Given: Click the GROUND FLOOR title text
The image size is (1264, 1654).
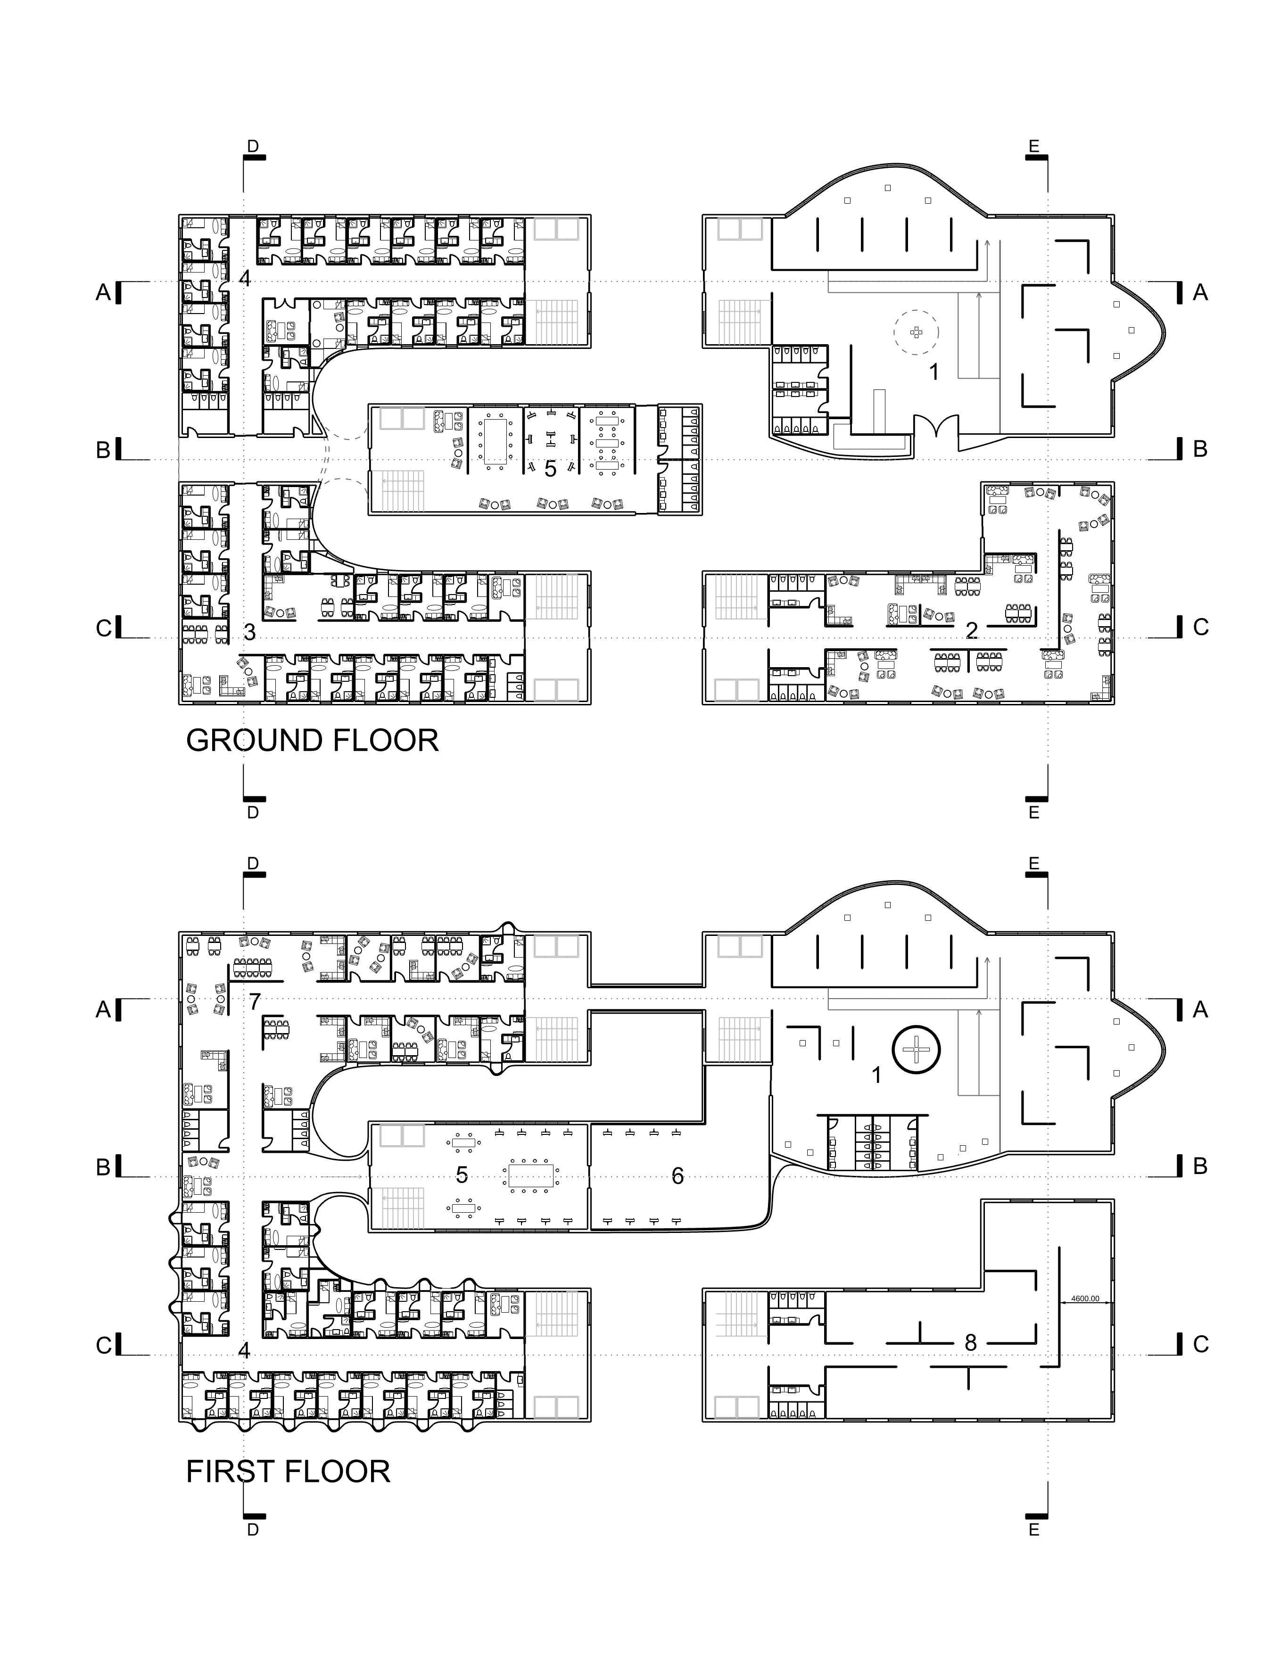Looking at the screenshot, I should click(312, 741).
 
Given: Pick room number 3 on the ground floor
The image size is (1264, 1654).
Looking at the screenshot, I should click(250, 633).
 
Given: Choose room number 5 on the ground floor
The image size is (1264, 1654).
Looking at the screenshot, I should click(550, 469).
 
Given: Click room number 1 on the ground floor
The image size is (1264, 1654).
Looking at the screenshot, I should click(934, 372).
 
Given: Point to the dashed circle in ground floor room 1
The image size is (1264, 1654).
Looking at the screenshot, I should click(917, 332).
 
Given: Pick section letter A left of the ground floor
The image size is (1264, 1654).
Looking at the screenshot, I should click(104, 293).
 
